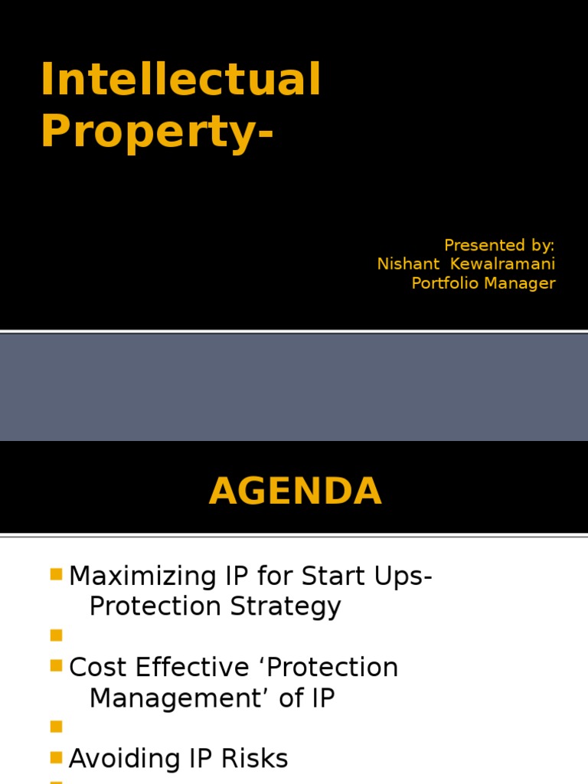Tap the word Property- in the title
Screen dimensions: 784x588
point(156,132)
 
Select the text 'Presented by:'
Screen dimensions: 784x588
point(499,245)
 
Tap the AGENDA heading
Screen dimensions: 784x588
point(295,492)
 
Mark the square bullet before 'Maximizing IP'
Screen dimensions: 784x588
point(55,574)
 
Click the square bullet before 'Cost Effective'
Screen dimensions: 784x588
point(55,665)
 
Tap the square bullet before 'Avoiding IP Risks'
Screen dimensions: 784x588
point(55,757)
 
